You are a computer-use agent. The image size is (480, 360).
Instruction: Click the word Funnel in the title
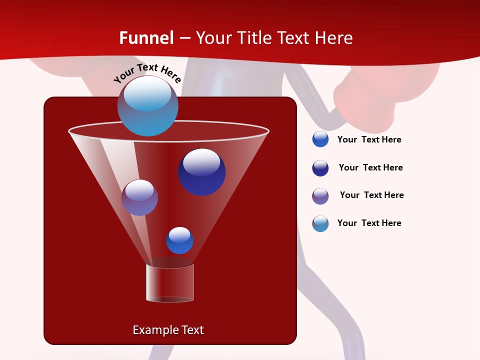pyautogui.click(x=146, y=38)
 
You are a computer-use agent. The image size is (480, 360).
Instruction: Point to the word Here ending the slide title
pyautogui.click(x=334, y=38)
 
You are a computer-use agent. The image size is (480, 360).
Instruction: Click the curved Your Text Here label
pyautogui.click(x=147, y=73)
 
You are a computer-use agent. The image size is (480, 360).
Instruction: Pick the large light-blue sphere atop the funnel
pyautogui.click(x=147, y=106)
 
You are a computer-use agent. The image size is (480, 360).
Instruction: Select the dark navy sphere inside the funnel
pyautogui.click(x=202, y=172)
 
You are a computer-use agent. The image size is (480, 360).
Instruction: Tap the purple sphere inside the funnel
pyautogui.click(x=139, y=197)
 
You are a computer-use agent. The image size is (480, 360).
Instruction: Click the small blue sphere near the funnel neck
pyautogui.click(x=179, y=240)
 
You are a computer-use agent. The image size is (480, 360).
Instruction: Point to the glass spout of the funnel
pyautogui.click(x=170, y=283)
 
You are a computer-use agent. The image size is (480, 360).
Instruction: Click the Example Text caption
pyautogui.click(x=168, y=330)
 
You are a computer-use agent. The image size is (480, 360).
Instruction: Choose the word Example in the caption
pyautogui.click(x=154, y=330)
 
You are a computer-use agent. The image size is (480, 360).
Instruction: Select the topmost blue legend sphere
pyautogui.click(x=320, y=139)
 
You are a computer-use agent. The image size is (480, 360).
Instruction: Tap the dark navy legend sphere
pyautogui.click(x=320, y=168)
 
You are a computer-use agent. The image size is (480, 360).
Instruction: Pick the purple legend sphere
pyautogui.click(x=320, y=196)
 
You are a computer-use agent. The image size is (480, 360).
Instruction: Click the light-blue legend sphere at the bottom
pyautogui.click(x=320, y=223)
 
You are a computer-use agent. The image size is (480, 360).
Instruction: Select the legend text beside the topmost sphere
pyautogui.click(x=369, y=139)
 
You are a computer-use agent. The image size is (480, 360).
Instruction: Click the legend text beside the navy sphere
pyautogui.click(x=370, y=167)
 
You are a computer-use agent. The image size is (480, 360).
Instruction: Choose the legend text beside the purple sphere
pyautogui.click(x=371, y=195)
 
